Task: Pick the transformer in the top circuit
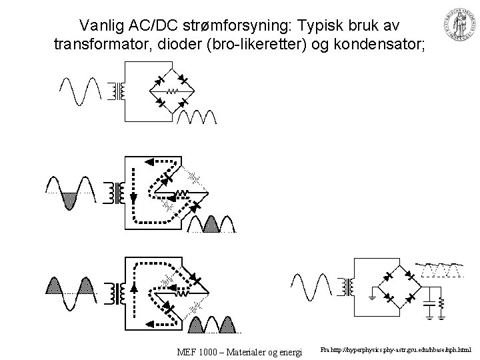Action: point(120,91)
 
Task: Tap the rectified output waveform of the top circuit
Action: point(197,117)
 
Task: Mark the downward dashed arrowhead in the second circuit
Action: point(133,199)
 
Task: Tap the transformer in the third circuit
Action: point(120,293)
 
